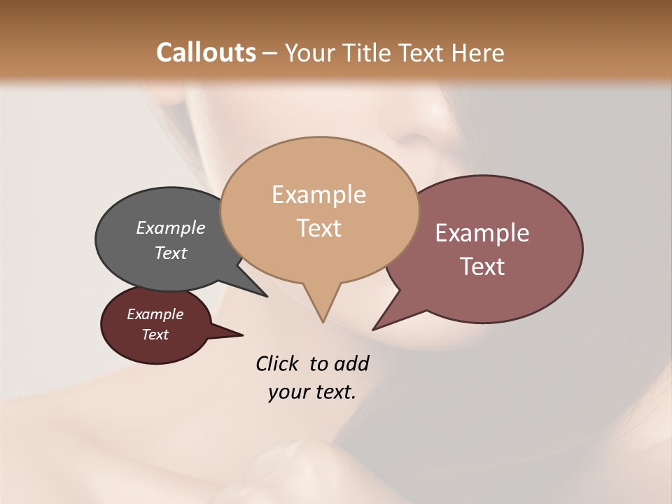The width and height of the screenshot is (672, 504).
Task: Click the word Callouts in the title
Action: click(x=206, y=52)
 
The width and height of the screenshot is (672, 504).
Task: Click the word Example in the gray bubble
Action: click(x=171, y=227)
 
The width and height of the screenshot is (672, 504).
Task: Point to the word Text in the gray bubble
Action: click(x=171, y=253)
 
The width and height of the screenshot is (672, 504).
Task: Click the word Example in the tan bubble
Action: click(x=318, y=195)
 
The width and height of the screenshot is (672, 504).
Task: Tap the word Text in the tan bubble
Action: click(x=318, y=228)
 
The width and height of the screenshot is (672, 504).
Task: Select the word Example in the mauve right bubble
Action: click(x=482, y=233)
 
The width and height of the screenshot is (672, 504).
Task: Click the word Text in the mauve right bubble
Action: click(x=482, y=267)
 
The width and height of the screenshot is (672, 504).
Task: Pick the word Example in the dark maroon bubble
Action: click(x=155, y=314)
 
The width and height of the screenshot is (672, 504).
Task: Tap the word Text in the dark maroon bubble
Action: click(x=155, y=335)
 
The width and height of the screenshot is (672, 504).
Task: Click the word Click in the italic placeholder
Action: click(x=277, y=363)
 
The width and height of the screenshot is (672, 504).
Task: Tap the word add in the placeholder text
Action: click(x=351, y=363)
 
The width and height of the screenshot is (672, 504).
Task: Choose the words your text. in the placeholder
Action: click(x=312, y=393)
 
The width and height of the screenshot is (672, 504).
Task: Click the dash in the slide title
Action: click(x=270, y=52)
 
